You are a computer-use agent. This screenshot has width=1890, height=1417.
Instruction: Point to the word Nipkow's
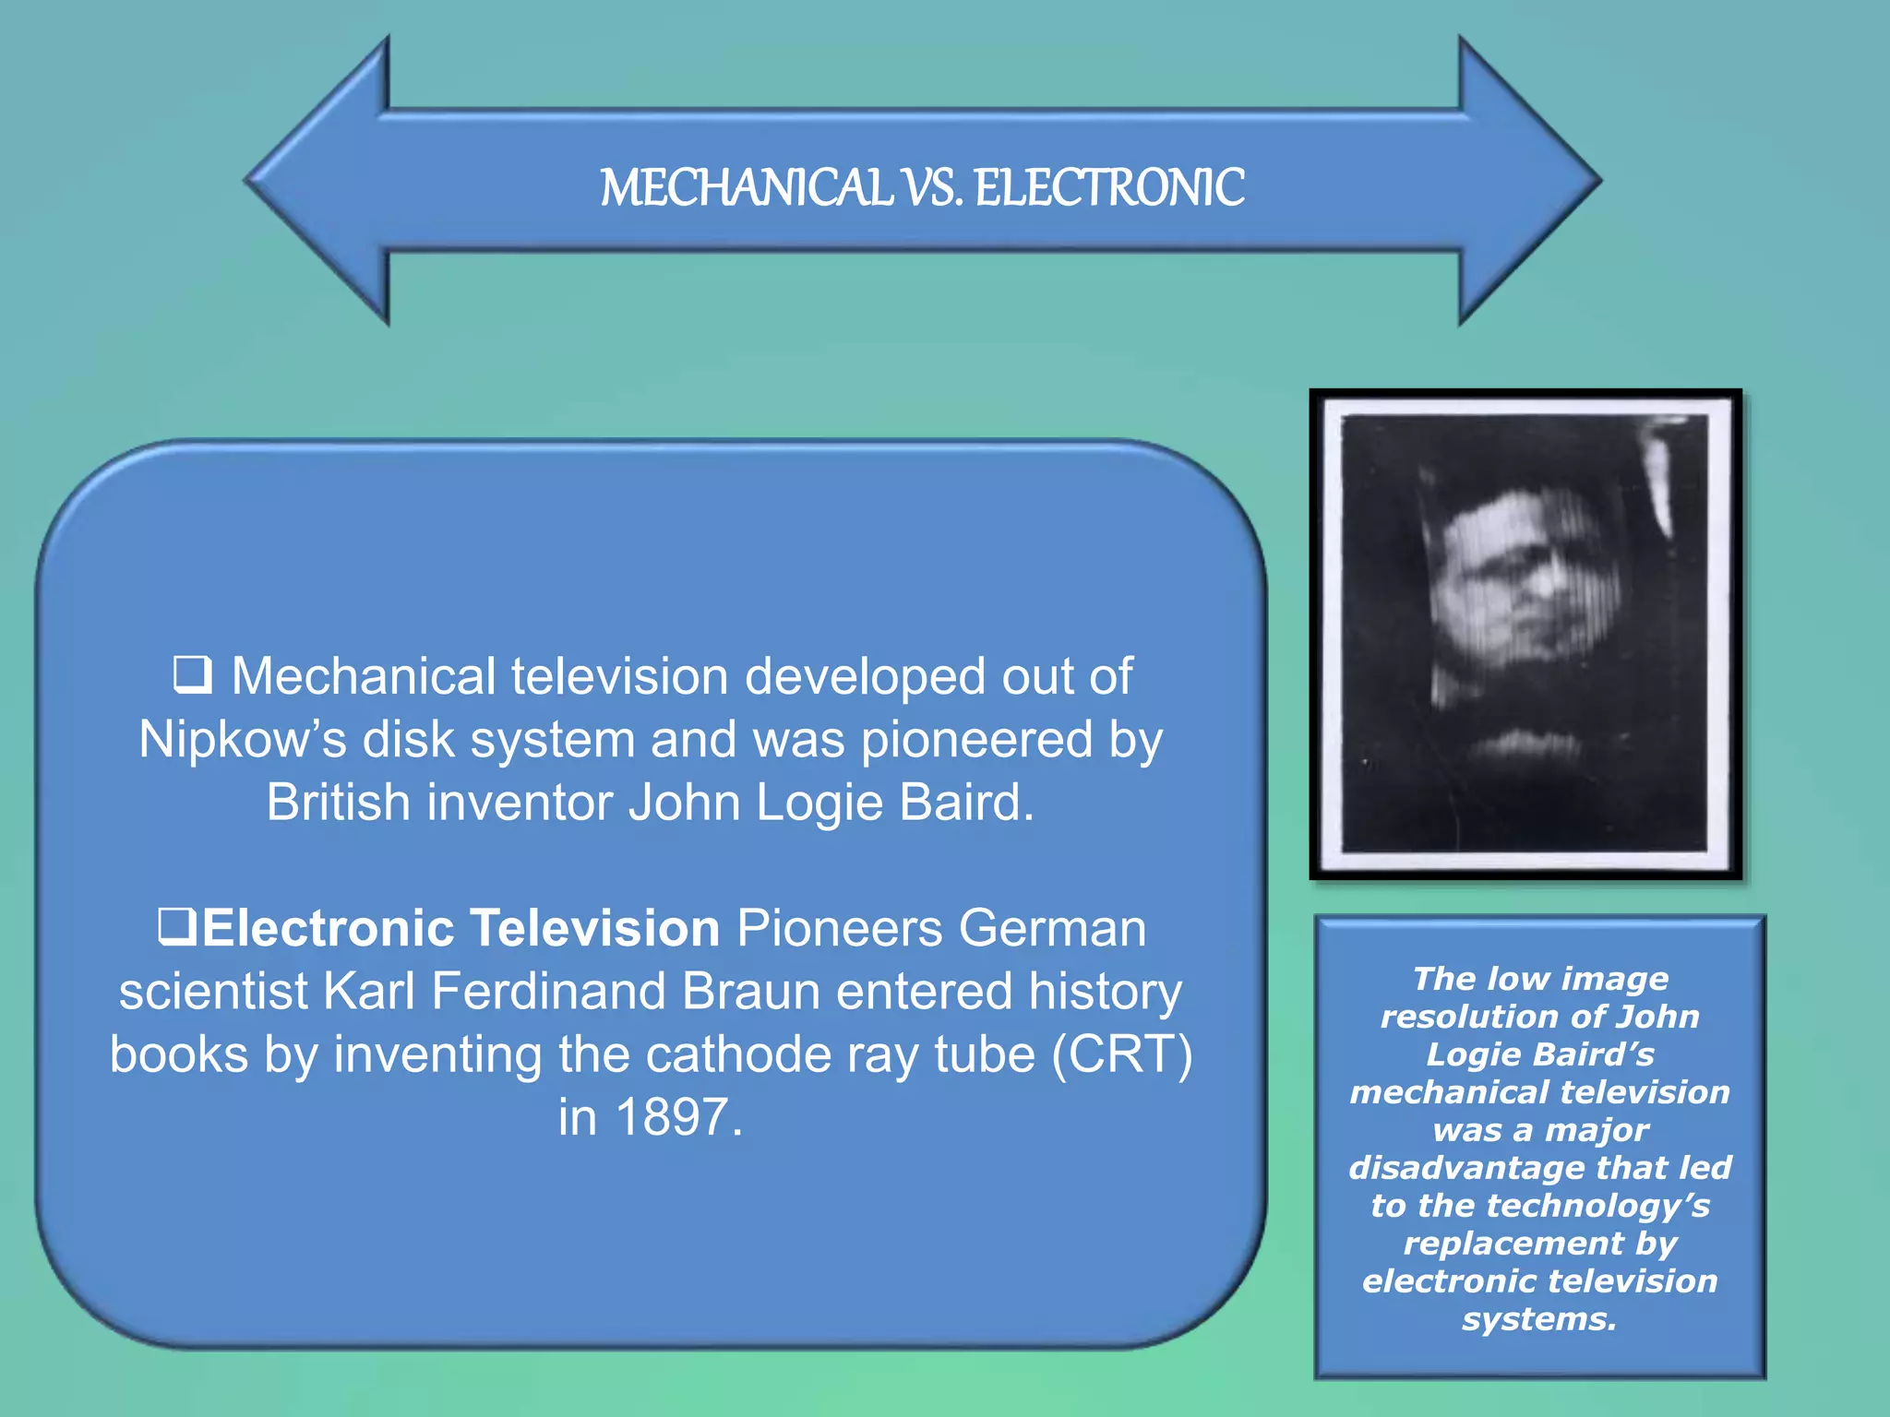coord(242,740)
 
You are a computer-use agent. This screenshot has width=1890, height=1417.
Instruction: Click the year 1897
coord(672,1117)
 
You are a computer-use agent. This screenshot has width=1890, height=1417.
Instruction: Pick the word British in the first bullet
coord(338,802)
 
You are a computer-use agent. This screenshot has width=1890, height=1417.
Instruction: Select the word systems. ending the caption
coord(1539,1318)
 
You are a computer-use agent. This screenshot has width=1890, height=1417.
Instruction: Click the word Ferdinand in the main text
coord(548,992)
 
